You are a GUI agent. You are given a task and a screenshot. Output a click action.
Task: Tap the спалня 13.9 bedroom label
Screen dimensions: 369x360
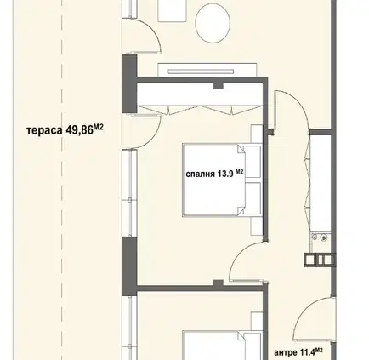(214, 174)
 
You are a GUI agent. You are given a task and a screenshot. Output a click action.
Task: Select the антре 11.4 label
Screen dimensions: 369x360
(298, 352)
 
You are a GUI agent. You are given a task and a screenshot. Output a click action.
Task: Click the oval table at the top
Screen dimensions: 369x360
(213, 23)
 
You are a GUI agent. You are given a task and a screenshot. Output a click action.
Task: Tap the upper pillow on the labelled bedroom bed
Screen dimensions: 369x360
(253, 162)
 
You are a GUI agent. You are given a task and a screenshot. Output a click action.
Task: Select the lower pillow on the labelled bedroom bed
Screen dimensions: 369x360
(253, 198)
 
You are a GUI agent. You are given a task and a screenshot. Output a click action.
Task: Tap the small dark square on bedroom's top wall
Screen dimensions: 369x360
(218, 85)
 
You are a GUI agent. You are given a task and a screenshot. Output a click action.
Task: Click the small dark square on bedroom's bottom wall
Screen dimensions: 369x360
(218, 283)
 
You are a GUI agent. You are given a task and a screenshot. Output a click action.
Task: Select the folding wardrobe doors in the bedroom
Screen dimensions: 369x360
(200, 110)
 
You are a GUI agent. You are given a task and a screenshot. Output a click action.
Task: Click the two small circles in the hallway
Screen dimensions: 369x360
(319, 237)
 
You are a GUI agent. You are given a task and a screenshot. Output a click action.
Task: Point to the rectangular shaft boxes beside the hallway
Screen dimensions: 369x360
(320, 260)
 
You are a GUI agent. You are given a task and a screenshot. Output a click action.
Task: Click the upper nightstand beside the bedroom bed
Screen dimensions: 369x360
(257, 134)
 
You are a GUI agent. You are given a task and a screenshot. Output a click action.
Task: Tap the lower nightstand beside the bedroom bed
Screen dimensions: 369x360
(257, 226)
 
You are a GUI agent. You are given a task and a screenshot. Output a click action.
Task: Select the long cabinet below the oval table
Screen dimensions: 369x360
(207, 70)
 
